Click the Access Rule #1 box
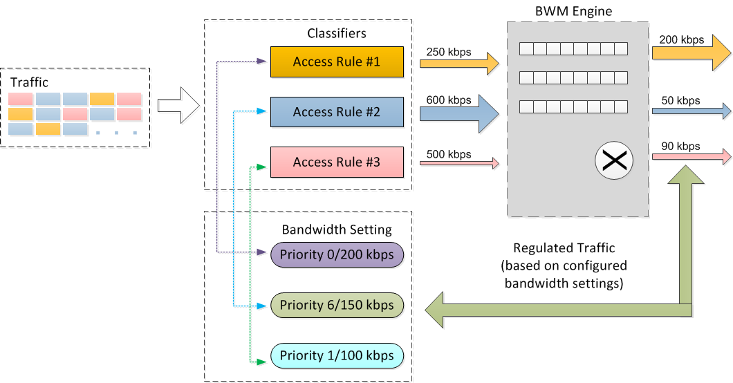click(337, 62)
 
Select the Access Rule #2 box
click(337, 112)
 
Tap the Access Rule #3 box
click(337, 162)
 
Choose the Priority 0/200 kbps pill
click(337, 255)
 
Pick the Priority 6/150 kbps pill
click(337, 306)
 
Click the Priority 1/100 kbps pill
click(337, 356)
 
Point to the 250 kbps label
click(448, 52)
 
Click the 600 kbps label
click(448, 100)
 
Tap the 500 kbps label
click(448, 154)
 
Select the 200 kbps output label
click(681, 39)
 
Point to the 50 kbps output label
click(680, 100)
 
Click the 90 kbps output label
click(680, 146)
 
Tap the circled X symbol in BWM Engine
click(614, 160)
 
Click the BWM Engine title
click(573, 11)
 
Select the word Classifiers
click(337, 33)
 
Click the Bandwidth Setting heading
click(337, 230)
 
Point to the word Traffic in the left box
click(29, 82)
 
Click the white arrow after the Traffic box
click(178, 106)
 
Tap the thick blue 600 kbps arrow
click(459, 113)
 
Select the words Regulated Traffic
click(564, 247)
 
